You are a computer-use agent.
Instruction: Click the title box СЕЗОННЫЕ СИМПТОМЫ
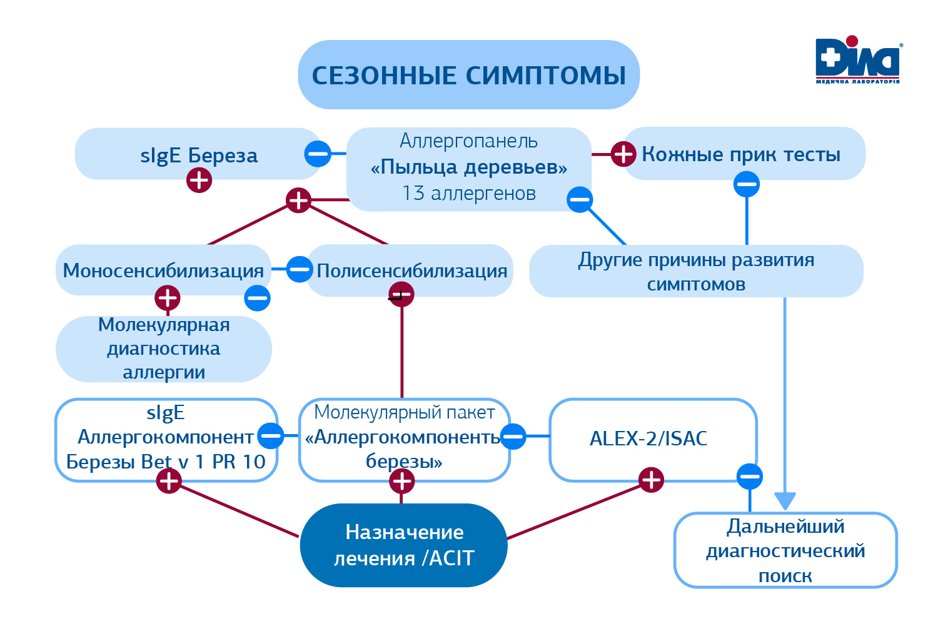coord(468,75)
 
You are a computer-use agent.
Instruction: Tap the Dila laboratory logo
coord(857,60)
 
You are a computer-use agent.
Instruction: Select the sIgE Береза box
coord(198,154)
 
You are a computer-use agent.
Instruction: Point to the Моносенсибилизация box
coord(163,270)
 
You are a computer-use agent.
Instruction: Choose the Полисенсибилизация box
coord(411,270)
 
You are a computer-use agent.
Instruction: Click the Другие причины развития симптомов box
coord(696,271)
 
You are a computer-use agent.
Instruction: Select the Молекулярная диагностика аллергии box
coord(164,349)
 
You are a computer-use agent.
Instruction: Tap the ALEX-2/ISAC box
coord(648,438)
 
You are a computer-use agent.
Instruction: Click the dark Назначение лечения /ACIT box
coord(404,545)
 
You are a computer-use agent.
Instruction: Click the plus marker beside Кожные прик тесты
coord(623,154)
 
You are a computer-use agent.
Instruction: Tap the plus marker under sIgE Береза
coord(199,181)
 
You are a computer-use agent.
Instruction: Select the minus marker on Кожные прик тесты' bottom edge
coord(747,184)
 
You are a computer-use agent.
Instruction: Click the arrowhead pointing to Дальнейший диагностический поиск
coord(785,501)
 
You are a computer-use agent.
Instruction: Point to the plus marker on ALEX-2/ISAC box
coord(651,480)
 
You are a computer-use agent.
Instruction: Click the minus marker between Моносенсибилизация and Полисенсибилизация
coord(300,269)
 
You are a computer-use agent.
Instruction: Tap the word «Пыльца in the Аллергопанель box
coord(406,167)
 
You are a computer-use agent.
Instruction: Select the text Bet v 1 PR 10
coord(203,462)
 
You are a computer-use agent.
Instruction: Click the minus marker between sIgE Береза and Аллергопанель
coord(318,153)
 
